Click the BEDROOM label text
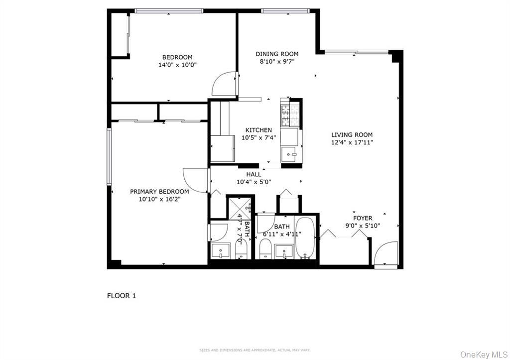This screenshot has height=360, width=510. pyautogui.click(x=177, y=57)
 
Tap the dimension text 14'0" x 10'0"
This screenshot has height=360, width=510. pyautogui.click(x=177, y=65)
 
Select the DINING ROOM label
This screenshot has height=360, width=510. pyautogui.click(x=277, y=54)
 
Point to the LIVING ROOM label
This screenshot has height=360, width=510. pyautogui.click(x=352, y=134)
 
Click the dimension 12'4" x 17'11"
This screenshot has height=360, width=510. pyautogui.click(x=352, y=142)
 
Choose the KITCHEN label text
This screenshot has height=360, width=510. pyautogui.click(x=258, y=130)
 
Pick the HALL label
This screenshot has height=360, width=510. pyautogui.click(x=254, y=174)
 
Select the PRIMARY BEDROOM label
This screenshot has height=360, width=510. pyautogui.click(x=159, y=191)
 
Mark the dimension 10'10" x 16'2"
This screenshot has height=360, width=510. pyautogui.click(x=159, y=199)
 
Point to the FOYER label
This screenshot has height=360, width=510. pyautogui.click(x=363, y=218)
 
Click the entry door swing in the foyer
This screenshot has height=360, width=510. pyautogui.click(x=386, y=254)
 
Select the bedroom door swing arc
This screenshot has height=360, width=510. pyautogui.click(x=224, y=84)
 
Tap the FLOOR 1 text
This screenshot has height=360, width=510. pyautogui.click(x=122, y=296)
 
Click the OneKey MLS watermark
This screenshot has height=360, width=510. pyautogui.click(x=484, y=354)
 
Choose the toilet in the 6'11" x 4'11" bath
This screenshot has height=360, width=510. pyautogui.click(x=265, y=247)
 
